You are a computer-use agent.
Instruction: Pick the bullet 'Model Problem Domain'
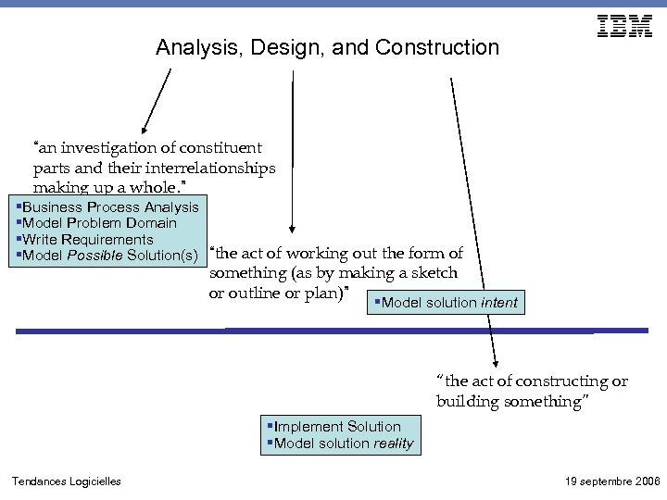pyautogui.click(x=99, y=223)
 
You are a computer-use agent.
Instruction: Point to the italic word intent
pyautogui.click(x=499, y=303)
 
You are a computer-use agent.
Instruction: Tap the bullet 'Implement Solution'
pyautogui.click(x=337, y=427)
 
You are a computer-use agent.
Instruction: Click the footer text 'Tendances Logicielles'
pyautogui.click(x=66, y=481)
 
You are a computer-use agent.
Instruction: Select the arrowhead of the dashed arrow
pyautogui.click(x=496, y=363)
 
